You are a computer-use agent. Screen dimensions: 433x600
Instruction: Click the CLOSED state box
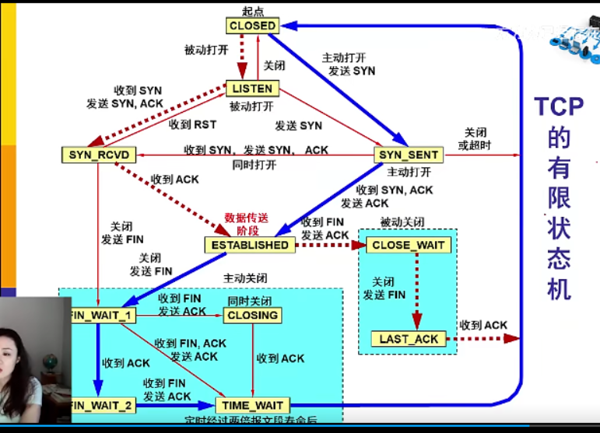coord(252,26)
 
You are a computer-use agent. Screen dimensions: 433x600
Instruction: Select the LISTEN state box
coord(252,89)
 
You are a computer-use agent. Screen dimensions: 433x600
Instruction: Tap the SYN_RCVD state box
coord(97,155)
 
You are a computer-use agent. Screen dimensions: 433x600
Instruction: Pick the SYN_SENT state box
coord(409,155)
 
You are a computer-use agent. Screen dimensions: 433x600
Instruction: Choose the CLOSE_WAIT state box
coord(409,246)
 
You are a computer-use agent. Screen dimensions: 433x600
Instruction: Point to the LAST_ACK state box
coord(409,339)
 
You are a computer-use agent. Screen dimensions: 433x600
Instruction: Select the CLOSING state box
coord(252,315)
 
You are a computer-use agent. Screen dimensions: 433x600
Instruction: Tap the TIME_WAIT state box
coord(252,405)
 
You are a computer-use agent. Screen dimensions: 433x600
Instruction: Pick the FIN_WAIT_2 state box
coord(102,405)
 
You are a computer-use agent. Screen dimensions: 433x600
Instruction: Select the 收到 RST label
coord(193,124)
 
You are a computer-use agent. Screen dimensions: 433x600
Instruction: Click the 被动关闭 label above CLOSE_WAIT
coord(402,222)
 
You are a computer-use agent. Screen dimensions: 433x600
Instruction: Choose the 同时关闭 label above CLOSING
coord(249,300)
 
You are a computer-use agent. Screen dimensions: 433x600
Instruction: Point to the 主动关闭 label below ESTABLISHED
coord(245,278)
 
